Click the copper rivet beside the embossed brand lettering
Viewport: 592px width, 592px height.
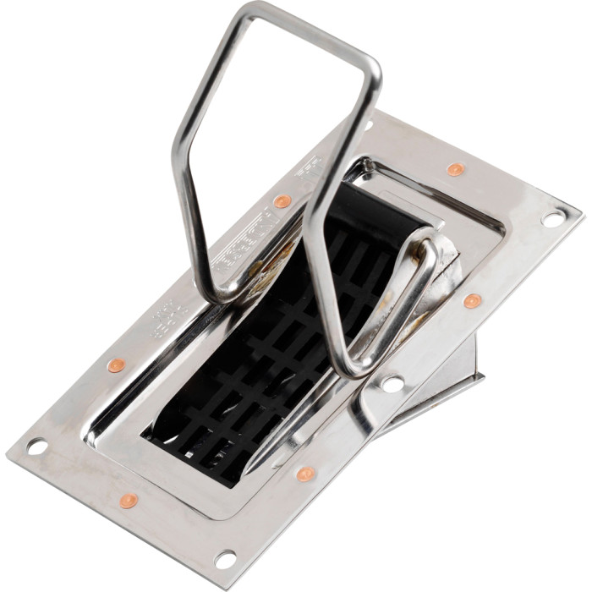click(282, 201)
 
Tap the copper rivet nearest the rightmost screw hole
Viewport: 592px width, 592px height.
click(457, 169)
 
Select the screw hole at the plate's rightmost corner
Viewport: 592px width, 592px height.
click(552, 218)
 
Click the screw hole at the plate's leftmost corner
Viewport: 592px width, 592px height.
click(36, 446)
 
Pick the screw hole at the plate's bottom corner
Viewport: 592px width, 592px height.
click(225, 559)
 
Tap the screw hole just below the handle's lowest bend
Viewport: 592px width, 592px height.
click(392, 383)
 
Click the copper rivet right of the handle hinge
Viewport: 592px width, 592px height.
click(473, 300)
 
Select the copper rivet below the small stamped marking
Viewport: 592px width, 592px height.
click(117, 365)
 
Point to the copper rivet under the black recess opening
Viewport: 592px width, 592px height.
click(306, 474)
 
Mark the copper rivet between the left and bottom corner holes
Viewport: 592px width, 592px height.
click(129, 501)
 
